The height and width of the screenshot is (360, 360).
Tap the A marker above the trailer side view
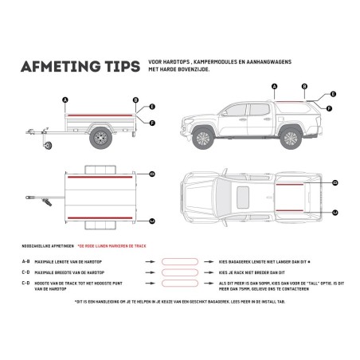click(x=65, y=99)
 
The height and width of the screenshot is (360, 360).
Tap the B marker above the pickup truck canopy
click(x=304, y=86)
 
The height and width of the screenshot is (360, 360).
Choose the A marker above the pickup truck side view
click(x=274, y=86)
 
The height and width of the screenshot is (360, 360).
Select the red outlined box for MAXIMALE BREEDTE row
click(x=182, y=272)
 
